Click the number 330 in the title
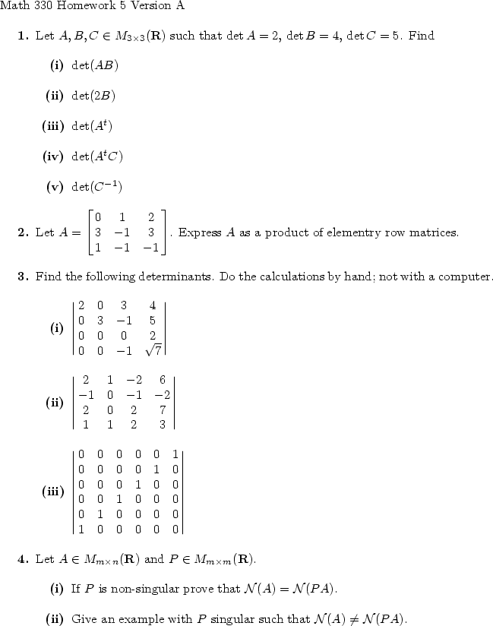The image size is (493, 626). (x=40, y=7)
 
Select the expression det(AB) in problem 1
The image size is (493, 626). (x=94, y=65)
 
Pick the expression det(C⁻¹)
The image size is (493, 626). (x=96, y=187)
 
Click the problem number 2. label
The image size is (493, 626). (x=23, y=232)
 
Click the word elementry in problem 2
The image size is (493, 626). (x=327, y=232)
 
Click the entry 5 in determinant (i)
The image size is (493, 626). (x=153, y=321)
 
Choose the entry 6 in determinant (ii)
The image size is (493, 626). (x=162, y=379)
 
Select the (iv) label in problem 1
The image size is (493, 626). (x=52, y=156)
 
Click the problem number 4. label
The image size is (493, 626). (x=23, y=560)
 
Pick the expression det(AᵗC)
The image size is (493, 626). (x=96, y=156)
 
